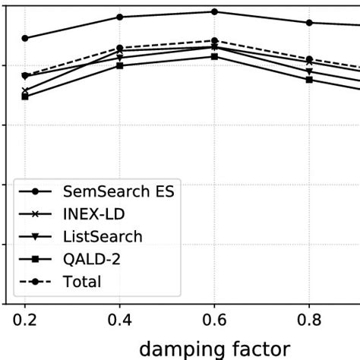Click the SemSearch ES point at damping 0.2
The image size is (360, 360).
click(25, 38)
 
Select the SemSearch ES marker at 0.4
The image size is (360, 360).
click(120, 17)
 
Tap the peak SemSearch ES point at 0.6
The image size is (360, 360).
click(214, 11)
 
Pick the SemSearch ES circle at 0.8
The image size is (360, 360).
click(309, 23)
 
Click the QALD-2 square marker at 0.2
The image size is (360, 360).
click(25, 96)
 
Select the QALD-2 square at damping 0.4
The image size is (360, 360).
click(120, 65)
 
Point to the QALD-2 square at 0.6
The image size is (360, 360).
click(214, 56)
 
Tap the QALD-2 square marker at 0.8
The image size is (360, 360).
click(309, 80)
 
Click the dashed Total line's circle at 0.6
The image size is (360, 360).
click(214, 40)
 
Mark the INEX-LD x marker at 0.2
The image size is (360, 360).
click(25, 90)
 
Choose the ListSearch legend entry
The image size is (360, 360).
click(103, 236)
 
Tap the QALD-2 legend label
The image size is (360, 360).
click(92, 259)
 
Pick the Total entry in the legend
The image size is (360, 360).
click(82, 282)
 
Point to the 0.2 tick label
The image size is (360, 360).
click(25, 322)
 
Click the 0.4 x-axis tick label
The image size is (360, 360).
click(120, 322)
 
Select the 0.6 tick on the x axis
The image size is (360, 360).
click(214, 322)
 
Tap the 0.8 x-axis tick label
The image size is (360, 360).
click(309, 322)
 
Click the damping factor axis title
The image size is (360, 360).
click(216, 349)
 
